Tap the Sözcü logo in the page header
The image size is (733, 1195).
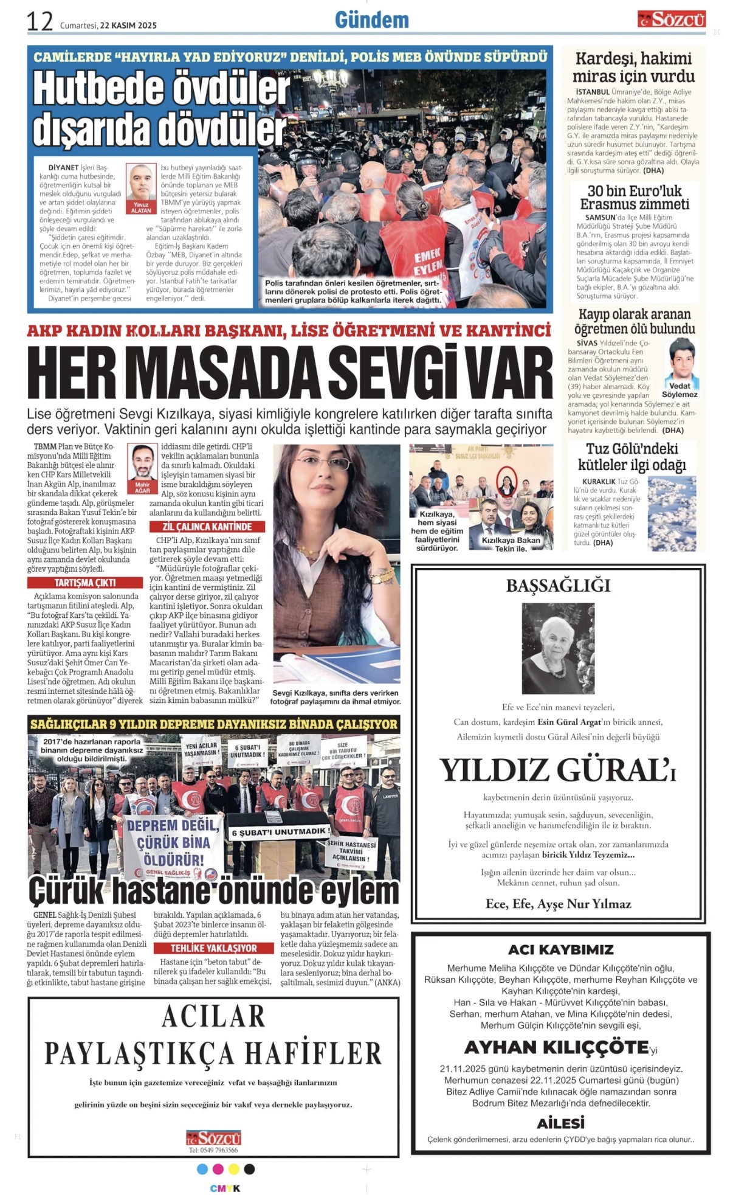672,19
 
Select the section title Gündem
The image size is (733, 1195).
371,20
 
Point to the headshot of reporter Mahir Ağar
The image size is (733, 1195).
142,463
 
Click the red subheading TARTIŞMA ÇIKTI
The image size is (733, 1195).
85,583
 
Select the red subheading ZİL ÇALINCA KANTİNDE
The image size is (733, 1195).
207,527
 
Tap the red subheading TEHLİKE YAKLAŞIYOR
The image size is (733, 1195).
213,948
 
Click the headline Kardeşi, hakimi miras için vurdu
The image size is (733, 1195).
633,68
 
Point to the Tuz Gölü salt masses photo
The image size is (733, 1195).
671,513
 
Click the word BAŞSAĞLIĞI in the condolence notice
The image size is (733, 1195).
558,586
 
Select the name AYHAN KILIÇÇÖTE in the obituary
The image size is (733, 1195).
556,1047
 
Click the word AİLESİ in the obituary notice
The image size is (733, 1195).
560,1123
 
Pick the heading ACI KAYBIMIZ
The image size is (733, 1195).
560,949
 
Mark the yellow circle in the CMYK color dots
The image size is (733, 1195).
233,1169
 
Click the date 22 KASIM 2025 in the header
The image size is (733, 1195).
128,26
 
